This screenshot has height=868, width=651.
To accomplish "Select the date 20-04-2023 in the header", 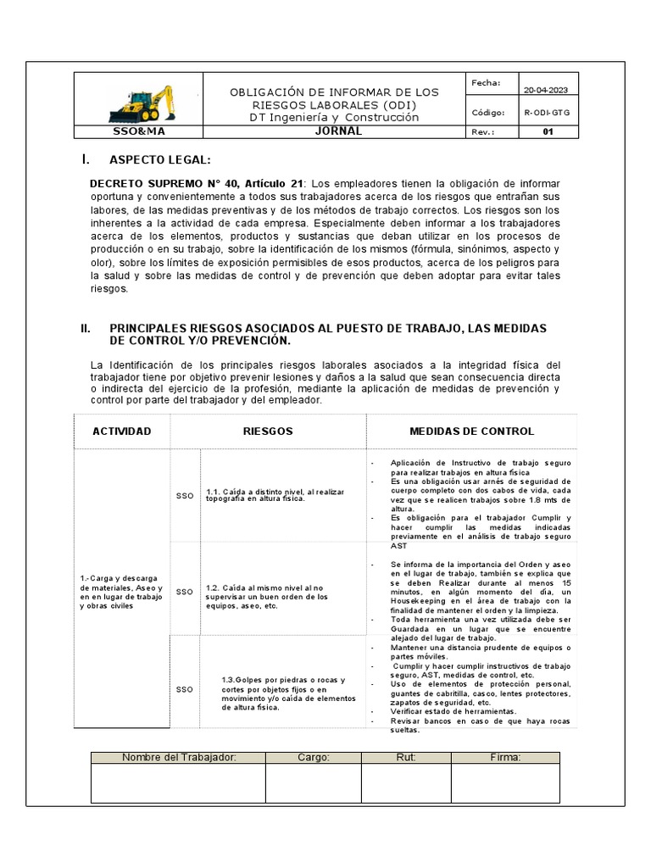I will click(546, 90).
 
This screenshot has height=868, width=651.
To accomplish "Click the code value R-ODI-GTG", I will click(546, 112).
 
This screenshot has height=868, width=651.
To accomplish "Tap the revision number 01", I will click(547, 132).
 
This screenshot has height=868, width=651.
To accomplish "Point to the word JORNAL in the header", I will click(338, 131).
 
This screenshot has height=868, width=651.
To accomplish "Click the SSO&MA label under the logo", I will click(140, 132).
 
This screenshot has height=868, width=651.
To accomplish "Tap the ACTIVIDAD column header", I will click(122, 431).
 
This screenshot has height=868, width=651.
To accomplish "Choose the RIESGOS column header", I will click(269, 431).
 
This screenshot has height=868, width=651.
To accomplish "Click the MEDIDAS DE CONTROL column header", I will click(471, 431).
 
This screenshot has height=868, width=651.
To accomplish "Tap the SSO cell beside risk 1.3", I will click(185, 690).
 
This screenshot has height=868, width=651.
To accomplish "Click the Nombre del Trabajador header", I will click(178, 757).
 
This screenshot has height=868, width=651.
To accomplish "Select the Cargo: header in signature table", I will click(313, 757).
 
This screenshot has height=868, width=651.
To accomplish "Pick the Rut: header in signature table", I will click(405, 757).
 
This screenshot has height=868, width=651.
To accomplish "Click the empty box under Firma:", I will click(504, 783).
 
